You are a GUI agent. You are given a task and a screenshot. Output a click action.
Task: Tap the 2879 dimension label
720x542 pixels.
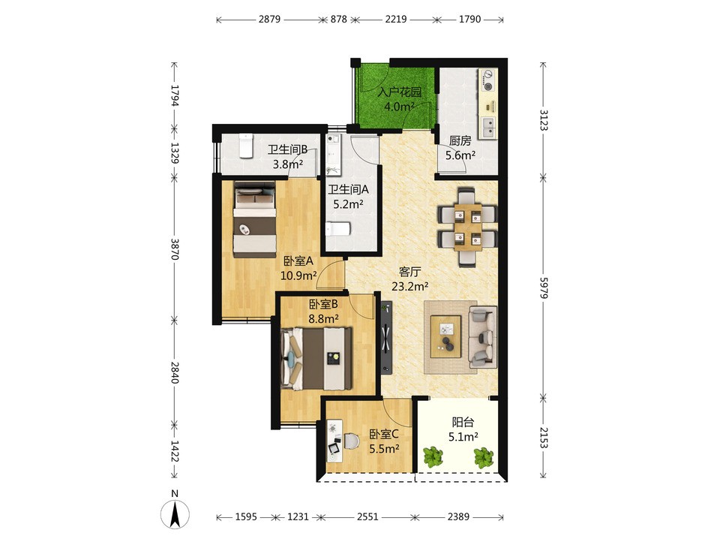click(x=269, y=20)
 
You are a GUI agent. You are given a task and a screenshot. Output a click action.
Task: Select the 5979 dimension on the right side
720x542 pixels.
click(x=543, y=288)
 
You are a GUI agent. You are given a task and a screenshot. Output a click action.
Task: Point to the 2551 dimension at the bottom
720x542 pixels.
click(x=367, y=516)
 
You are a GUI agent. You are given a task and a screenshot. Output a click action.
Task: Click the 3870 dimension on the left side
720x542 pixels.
click(x=174, y=248)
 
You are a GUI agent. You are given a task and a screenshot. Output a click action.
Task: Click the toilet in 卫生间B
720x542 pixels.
click(x=246, y=146)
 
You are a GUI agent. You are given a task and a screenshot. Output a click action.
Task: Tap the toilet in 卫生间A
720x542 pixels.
click(x=338, y=229)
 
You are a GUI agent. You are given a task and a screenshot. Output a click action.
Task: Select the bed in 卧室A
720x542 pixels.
click(x=255, y=220)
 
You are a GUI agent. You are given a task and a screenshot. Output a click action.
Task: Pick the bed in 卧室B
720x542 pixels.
click(x=316, y=359)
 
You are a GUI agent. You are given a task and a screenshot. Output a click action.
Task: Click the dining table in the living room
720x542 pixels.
click(x=468, y=227)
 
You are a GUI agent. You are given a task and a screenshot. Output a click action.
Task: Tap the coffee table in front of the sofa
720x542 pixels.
click(x=445, y=336)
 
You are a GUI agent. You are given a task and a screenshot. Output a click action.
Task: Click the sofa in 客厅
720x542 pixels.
click(x=482, y=336)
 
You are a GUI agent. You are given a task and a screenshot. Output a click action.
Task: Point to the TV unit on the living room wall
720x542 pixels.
click(x=385, y=336)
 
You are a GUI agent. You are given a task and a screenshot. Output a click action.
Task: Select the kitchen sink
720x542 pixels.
click(x=487, y=128)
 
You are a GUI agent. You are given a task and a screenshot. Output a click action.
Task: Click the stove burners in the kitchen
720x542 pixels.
click(x=487, y=80)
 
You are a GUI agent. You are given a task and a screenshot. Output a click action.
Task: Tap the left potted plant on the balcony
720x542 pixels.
click(x=433, y=457)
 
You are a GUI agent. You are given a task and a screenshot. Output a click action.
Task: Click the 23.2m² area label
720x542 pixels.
click(x=410, y=287)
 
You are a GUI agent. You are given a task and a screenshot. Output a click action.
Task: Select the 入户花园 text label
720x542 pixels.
click(x=400, y=92)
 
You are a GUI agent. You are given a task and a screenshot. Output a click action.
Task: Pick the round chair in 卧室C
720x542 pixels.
click(x=351, y=441)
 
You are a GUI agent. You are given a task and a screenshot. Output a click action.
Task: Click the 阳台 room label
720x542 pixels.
click(x=463, y=422)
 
